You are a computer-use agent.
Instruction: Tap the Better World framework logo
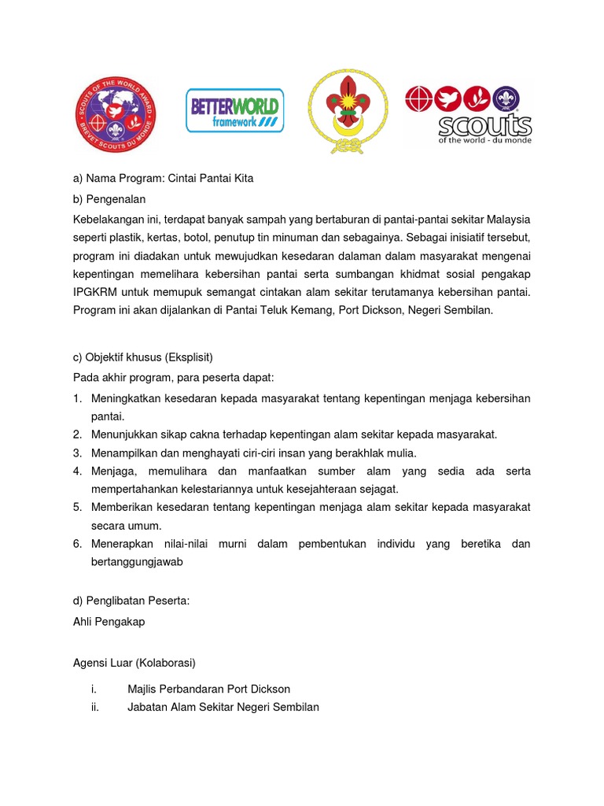point(235,110)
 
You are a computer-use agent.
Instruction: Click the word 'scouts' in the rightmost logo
point(484,125)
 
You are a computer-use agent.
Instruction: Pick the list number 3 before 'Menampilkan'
point(78,453)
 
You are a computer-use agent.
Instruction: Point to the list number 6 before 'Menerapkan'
point(78,544)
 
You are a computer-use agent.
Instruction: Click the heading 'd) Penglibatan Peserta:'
point(131,601)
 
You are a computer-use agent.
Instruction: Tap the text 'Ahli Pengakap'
point(109,621)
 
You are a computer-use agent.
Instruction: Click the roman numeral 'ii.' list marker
point(94,707)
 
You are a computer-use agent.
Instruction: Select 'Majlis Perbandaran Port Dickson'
point(208,689)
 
